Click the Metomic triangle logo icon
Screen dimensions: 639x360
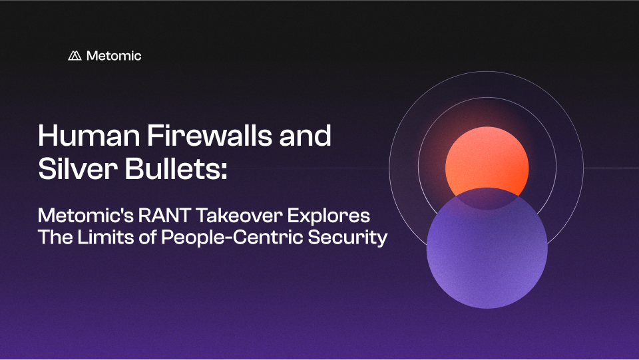75,55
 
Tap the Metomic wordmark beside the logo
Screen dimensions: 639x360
114,55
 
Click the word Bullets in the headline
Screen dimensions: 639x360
172,168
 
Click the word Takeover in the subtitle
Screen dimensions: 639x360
238,216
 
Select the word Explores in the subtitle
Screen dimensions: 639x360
329,216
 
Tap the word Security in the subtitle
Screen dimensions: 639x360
347,238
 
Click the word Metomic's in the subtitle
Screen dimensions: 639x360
86,216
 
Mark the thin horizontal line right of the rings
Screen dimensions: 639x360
611,168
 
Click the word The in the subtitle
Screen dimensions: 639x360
55,237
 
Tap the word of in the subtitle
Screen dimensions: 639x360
148,237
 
